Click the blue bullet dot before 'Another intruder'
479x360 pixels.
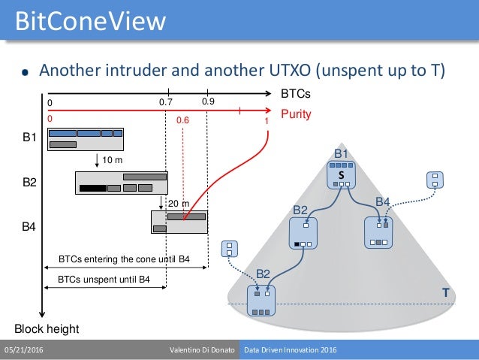(x=25, y=73)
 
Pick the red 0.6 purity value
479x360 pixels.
(x=183, y=119)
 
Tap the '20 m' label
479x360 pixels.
(x=178, y=204)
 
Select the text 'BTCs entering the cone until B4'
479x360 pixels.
(x=124, y=260)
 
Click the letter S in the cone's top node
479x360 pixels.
(x=341, y=174)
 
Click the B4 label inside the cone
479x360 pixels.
(x=383, y=201)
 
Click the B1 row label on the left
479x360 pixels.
(x=29, y=138)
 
